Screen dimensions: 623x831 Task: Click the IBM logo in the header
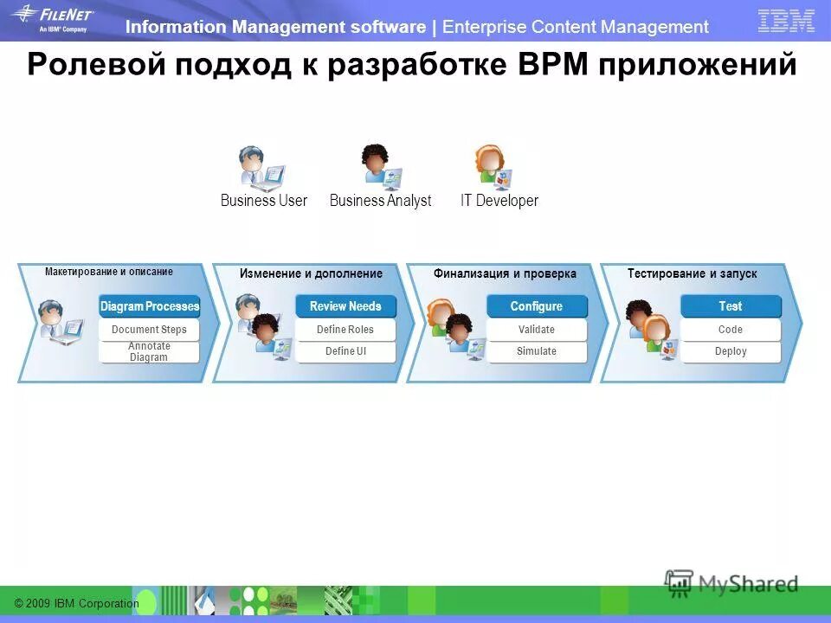coord(786,21)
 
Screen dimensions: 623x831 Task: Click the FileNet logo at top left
coord(52,18)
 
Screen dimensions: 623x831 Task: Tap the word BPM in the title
coord(552,64)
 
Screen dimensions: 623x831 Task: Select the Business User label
coord(263,201)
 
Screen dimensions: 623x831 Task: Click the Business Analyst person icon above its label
coord(379,166)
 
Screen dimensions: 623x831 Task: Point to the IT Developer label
coord(499,201)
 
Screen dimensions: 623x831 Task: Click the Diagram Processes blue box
coord(150,306)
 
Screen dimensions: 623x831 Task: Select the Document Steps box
coord(149,330)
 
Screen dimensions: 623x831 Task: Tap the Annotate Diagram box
coord(149,351)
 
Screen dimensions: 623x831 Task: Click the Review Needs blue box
coord(345,306)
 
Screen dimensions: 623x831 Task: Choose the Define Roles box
coord(345,330)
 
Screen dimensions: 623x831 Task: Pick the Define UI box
coord(345,351)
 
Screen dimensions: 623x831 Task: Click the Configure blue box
coord(536,306)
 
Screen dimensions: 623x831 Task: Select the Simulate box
coord(536,351)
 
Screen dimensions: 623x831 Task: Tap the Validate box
coord(536,330)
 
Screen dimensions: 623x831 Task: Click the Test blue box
coord(730,306)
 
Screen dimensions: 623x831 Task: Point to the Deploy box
coord(730,351)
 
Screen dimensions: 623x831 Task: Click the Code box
coord(730,330)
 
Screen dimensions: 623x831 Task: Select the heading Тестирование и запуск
coord(692,273)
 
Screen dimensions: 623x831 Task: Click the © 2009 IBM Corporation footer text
coord(76,603)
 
